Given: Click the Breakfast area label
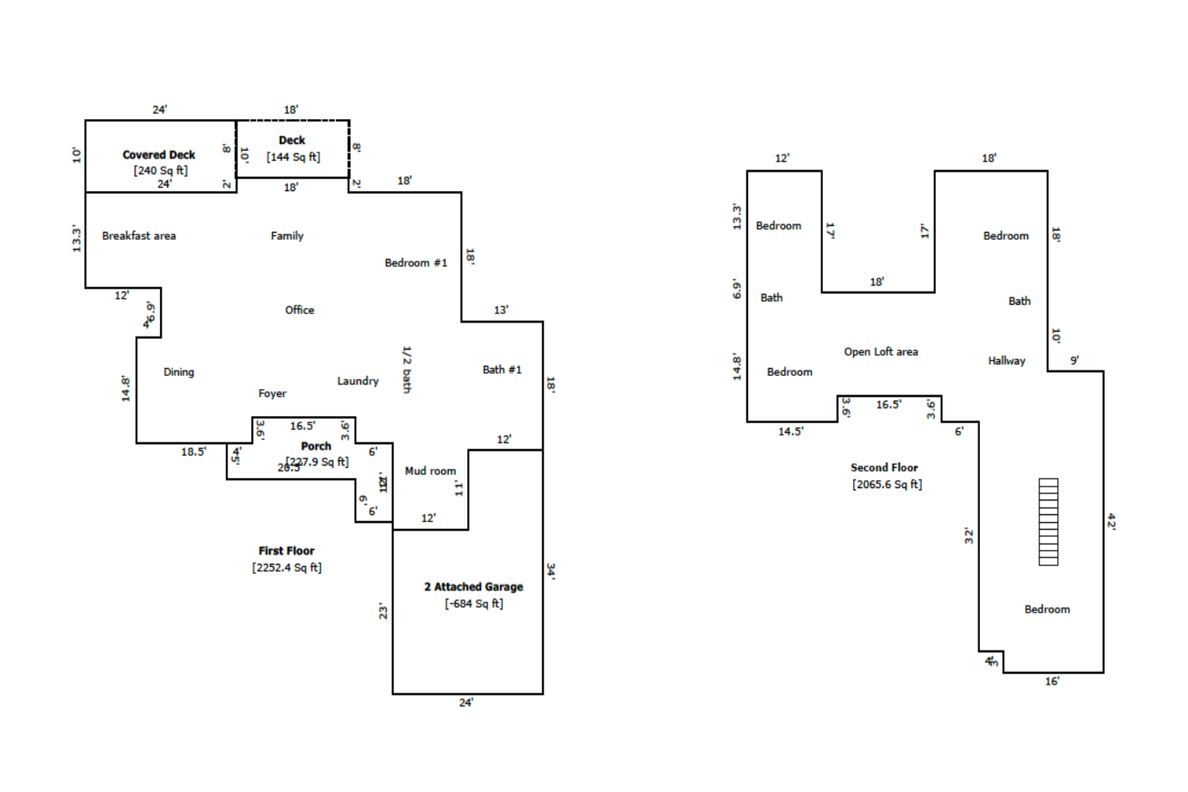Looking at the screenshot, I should (x=138, y=236).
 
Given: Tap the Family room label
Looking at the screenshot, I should (x=287, y=236).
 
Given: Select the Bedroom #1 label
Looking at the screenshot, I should (x=415, y=263).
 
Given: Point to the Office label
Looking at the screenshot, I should (x=299, y=310).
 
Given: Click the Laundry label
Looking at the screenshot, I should (x=357, y=381).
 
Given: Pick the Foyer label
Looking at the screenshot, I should (x=272, y=394).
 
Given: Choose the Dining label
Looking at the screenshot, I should (x=179, y=372).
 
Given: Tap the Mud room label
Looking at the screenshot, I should (x=430, y=471).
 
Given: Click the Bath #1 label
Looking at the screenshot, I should (x=502, y=370).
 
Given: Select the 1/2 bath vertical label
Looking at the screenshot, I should (x=407, y=370).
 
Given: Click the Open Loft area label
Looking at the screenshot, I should (x=881, y=352).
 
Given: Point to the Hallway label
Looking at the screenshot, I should (x=1006, y=361).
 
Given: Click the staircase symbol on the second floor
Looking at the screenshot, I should (x=1048, y=522).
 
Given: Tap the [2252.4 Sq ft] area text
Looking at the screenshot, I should (x=286, y=568).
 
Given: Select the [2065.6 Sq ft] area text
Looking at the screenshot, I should (x=887, y=485).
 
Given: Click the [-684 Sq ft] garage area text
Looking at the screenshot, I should (x=473, y=604).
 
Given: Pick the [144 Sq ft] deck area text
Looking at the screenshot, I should (x=293, y=157).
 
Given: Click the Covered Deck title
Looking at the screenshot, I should (x=159, y=155).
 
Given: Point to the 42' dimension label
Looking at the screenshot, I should (x=1111, y=521).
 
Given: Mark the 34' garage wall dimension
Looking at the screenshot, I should (x=551, y=571).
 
